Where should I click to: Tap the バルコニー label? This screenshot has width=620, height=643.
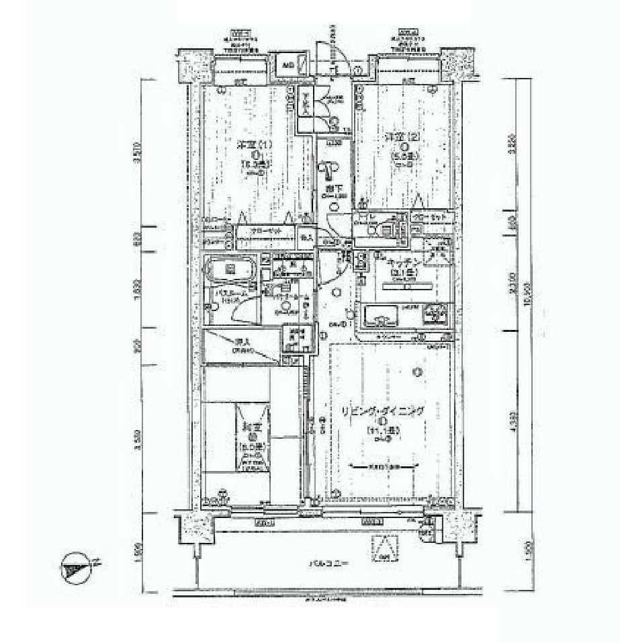(x=328, y=563)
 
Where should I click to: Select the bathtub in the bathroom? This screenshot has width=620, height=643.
(x=230, y=271)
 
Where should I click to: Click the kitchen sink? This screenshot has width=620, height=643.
(x=380, y=314)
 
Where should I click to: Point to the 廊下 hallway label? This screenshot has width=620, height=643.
(x=331, y=190)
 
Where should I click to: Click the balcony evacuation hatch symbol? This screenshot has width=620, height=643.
(x=384, y=548)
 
